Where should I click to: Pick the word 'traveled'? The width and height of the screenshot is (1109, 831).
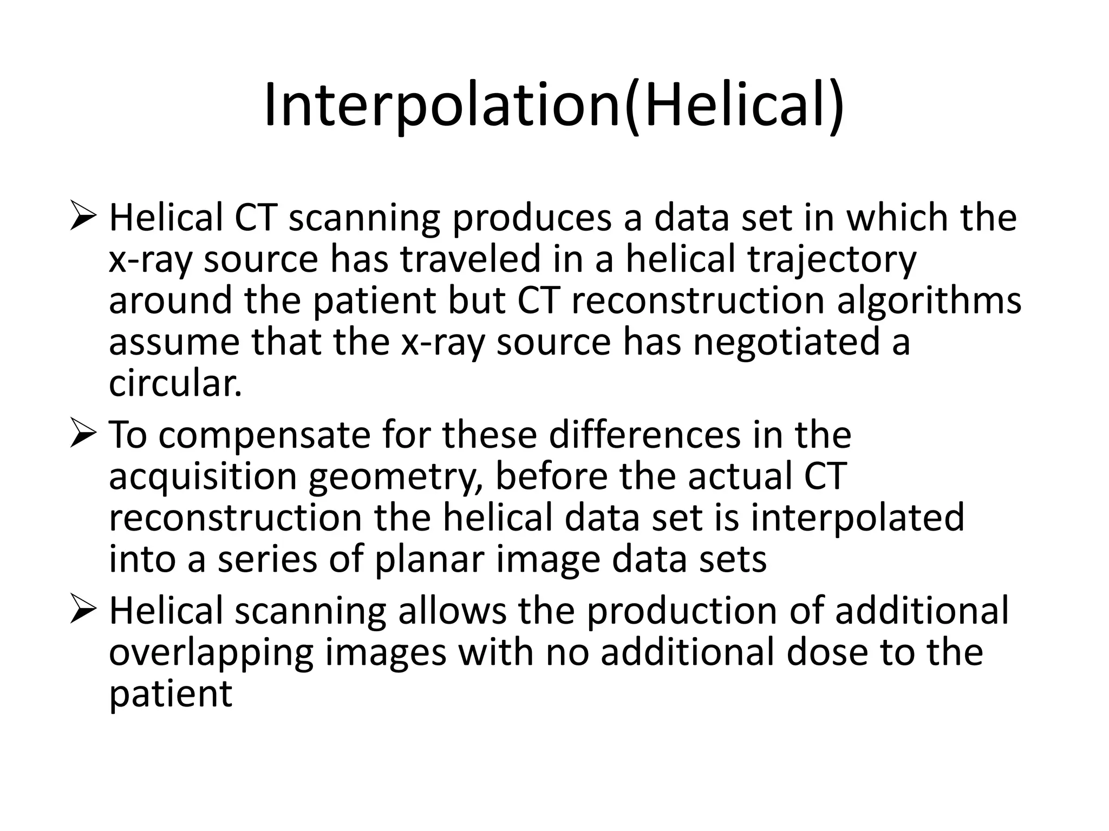click(471, 260)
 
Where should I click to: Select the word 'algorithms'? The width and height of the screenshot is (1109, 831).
click(929, 301)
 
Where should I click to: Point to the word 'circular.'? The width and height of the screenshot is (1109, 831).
click(175, 384)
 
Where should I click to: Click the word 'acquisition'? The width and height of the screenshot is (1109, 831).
click(203, 478)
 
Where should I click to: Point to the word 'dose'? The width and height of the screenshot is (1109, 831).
click(829, 653)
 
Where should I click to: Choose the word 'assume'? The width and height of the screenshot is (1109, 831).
click(174, 343)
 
